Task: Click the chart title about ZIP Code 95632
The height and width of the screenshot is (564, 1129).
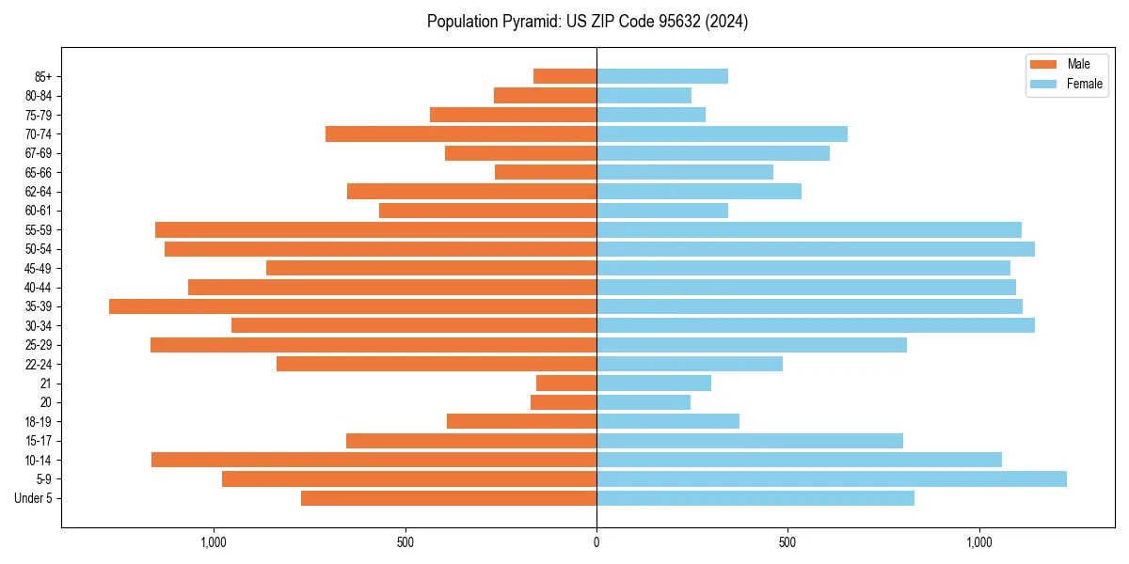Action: tap(587, 22)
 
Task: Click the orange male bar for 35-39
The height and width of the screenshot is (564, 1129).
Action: tap(353, 306)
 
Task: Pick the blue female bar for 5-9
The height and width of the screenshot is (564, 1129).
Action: tap(832, 479)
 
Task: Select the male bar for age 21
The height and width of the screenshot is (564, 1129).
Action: tap(566, 384)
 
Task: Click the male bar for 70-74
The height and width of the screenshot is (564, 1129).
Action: tap(461, 134)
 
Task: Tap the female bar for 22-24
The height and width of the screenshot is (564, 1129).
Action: tap(690, 364)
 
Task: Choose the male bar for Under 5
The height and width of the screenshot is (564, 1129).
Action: tap(449, 498)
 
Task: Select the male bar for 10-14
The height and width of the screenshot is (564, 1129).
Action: tap(374, 460)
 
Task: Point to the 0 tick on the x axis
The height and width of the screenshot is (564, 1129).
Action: tap(596, 542)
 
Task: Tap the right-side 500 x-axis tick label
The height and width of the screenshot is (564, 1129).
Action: tap(787, 542)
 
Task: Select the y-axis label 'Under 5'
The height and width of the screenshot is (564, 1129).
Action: tap(34, 498)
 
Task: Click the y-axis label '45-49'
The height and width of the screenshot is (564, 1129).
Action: tap(39, 268)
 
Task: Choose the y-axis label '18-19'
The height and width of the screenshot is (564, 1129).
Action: tap(39, 421)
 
